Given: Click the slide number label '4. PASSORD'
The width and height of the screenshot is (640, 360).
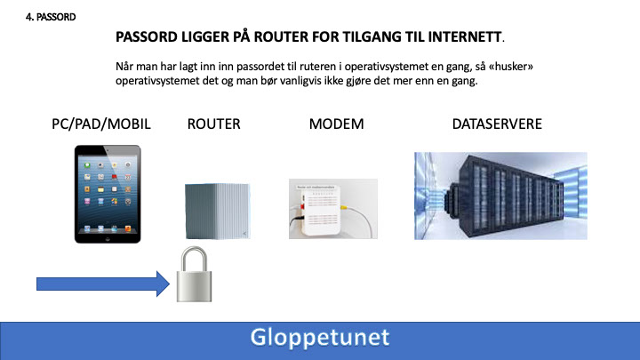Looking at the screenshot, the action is pyautogui.click(x=51, y=17).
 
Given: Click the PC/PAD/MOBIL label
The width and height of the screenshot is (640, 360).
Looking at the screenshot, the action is pyautogui.click(x=100, y=124).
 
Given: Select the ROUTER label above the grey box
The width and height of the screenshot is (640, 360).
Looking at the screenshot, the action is pyautogui.click(x=214, y=124).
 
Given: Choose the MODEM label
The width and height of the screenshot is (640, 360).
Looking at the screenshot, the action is pyautogui.click(x=336, y=124).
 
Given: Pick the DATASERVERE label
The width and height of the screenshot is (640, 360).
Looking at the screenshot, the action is pyautogui.click(x=497, y=124).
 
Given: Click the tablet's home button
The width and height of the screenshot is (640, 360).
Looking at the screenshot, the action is pyautogui.click(x=108, y=238).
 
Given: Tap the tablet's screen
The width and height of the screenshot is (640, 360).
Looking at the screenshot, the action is pyautogui.click(x=108, y=195).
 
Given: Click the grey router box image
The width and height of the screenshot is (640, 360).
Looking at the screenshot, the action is pyautogui.click(x=218, y=211).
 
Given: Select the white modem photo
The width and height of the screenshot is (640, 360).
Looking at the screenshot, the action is pyautogui.click(x=333, y=209).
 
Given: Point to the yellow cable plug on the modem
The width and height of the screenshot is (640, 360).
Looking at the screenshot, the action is pyautogui.click(x=344, y=207).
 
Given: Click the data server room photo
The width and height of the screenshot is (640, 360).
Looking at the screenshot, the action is pyautogui.click(x=500, y=196).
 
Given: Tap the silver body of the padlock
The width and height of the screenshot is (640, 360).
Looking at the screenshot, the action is pyautogui.click(x=195, y=286).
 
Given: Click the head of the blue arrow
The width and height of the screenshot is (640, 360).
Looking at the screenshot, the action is pyautogui.click(x=164, y=284).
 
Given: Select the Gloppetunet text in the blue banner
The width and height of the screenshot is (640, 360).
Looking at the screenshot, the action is pyautogui.click(x=320, y=338).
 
